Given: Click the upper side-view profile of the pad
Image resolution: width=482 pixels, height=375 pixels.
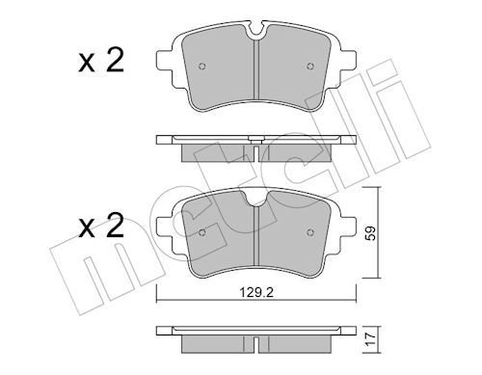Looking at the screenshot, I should [x=254, y=144].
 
